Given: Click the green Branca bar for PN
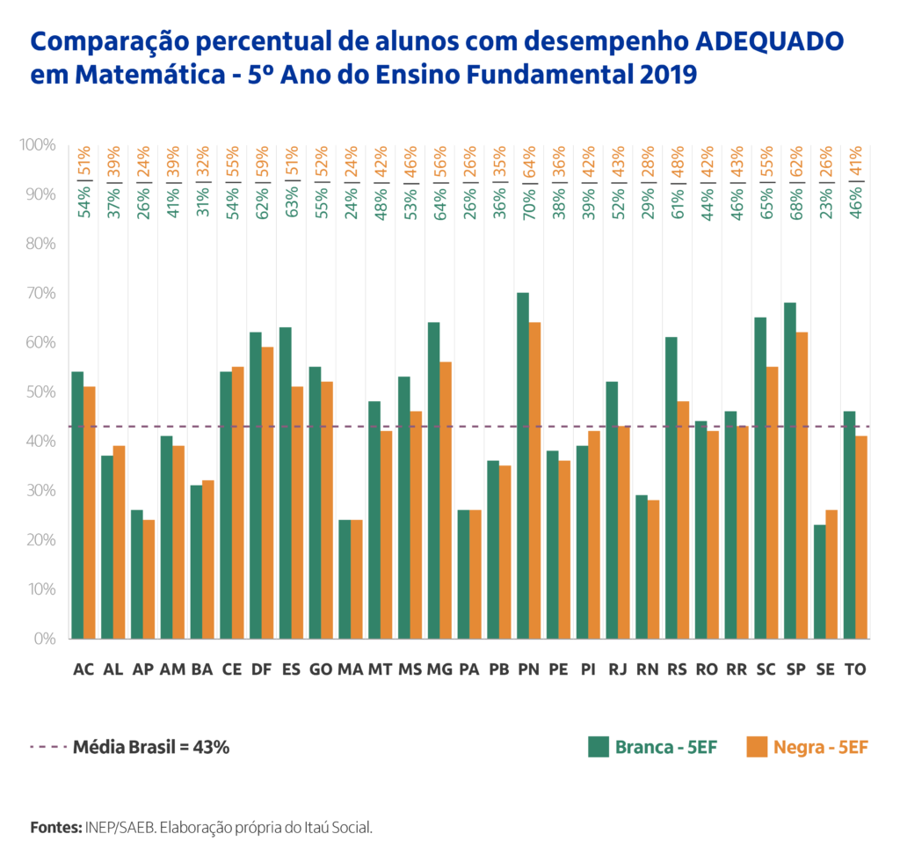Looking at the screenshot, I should point(522,466).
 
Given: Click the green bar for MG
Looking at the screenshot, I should point(433,480).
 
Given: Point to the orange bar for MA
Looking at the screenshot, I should point(356,580).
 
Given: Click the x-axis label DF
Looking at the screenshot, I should point(261,669).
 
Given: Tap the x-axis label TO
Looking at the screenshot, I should point(854,669).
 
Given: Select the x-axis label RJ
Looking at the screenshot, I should point(617,669).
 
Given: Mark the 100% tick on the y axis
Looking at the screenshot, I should point(39,144).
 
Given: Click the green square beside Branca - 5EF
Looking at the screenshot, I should point(599,747).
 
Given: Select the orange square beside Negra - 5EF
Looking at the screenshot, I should point(757,747).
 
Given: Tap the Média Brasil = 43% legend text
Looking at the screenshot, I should point(151,747).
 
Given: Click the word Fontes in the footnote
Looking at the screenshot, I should point(54,827).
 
